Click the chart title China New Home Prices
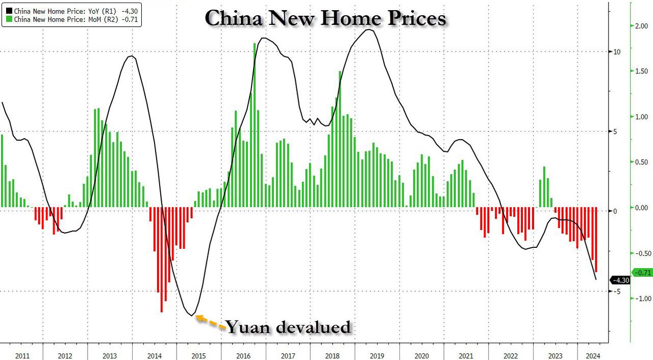(x=325, y=18)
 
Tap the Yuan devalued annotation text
(x=288, y=327)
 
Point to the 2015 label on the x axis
(x=199, y=355)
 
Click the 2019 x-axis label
(x=377, y=355)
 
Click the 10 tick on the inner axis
(x=617, y=52)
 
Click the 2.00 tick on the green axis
(x=642, y=27)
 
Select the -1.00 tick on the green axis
(x=641, y=299)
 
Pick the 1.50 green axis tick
(x=642, y=72)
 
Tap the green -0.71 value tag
(x=642, y=272)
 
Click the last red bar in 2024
(x=595, y=240)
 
